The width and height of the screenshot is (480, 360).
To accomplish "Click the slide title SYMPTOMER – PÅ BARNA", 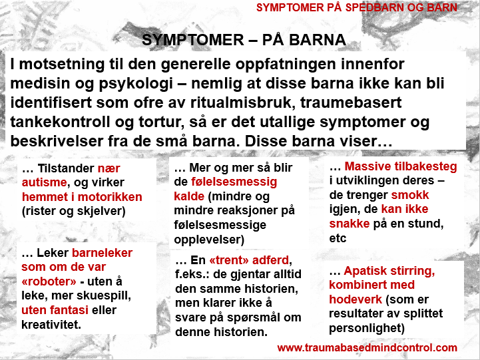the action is [x=244, y=40].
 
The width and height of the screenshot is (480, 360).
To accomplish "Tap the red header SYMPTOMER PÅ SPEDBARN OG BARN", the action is [x=357, y=7].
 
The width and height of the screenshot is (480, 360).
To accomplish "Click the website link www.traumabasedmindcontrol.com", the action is [x=367, y=348].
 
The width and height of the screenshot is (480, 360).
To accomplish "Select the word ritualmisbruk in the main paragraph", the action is [x=243, y=102].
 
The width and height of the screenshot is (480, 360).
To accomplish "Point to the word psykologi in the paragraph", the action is [x=136, y=84].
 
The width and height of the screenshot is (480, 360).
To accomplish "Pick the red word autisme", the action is [x=44, y=182].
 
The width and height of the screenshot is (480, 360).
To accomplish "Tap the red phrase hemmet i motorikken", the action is [x=82, y=197].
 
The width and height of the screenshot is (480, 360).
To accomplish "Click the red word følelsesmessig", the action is [x=234, y=182].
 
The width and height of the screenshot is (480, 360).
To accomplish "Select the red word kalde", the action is [x=189, y=196].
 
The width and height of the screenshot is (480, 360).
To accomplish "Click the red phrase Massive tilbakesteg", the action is [x=401, y=166].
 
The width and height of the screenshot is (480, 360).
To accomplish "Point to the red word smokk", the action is [x=410, y=195].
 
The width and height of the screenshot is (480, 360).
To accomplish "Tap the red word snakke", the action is [x=350, y=224].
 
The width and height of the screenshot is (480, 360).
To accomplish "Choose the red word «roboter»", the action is [x=49, y=281].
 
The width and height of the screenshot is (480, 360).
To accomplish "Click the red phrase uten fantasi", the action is [x=55, y=310].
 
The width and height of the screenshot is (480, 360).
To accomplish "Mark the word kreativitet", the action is [x=51, y=325].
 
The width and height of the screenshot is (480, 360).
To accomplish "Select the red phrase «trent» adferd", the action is [x=249, y=260].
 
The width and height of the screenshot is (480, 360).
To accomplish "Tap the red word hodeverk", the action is [x=356, y=299].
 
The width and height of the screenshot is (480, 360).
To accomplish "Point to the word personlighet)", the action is [x=367, y=328].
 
